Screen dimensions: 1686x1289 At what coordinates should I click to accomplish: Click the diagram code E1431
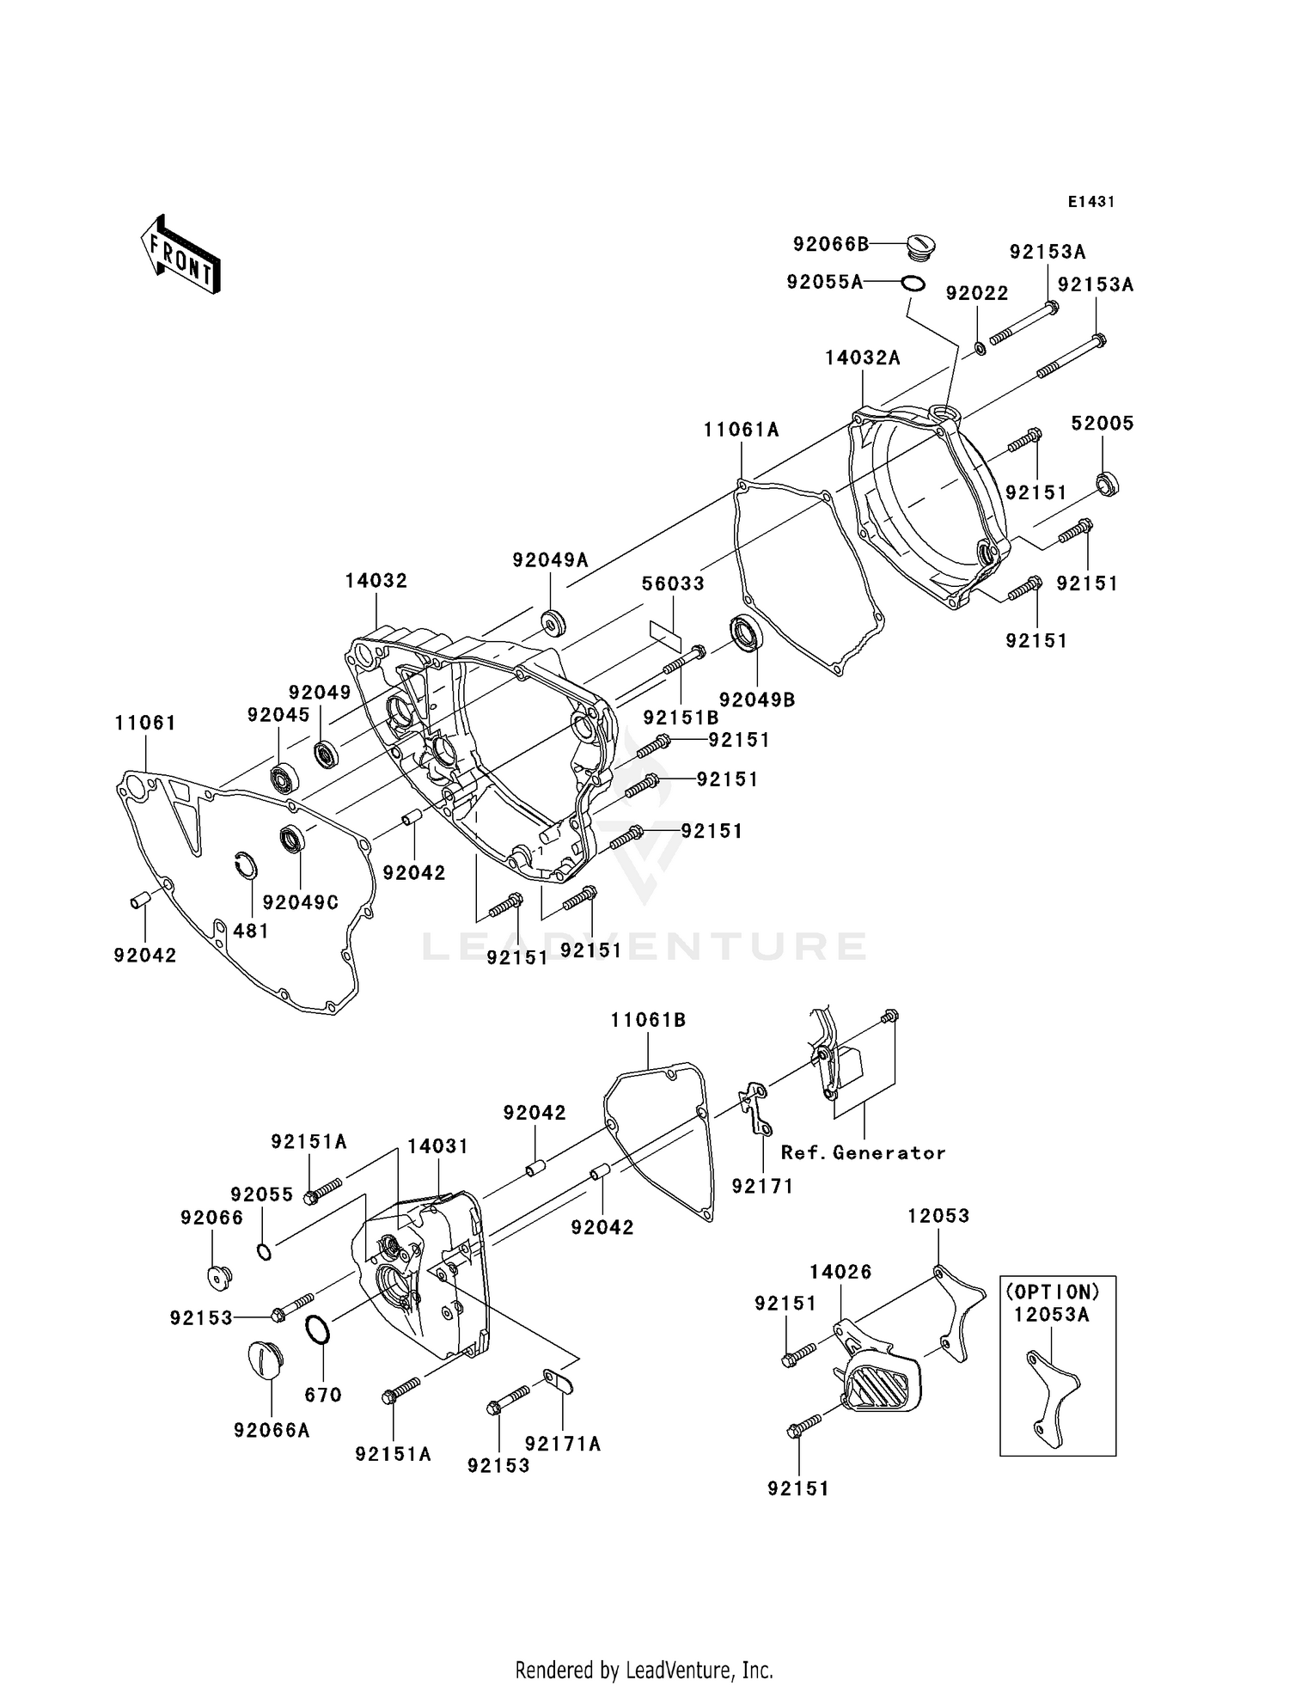(x=1090, y=202)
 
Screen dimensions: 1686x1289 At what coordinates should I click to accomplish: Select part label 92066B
(x=830, y=244)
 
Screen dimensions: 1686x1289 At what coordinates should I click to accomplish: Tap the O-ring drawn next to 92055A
(x=913, y=283)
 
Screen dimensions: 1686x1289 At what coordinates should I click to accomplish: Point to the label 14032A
(x=862, y=358)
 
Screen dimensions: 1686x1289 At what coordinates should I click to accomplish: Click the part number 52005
(x=1102, y=423)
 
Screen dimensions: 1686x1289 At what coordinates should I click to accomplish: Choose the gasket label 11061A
(x=741, y=430)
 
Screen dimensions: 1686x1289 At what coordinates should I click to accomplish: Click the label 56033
(x=673, y=583)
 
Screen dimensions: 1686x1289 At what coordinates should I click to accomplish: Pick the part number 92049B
(x=757, y=699)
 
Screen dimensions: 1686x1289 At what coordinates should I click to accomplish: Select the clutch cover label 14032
(x=376, y=581)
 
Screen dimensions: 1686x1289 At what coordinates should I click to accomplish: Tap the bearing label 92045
(x=278, y=715)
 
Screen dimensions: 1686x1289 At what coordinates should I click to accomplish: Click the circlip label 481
(x=251, y=931)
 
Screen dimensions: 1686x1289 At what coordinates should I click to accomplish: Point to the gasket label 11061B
(x=648, y=1020)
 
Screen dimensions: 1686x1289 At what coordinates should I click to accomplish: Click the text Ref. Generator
(x=863, y=1153)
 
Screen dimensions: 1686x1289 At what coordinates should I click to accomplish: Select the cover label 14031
(x=437, y=1146)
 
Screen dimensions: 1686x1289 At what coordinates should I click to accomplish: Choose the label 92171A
(x=563, y=1444)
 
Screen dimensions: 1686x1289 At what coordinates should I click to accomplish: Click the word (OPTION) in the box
(x=1052, y=1292)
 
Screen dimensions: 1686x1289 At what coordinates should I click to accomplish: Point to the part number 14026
(x=840, y=1272)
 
